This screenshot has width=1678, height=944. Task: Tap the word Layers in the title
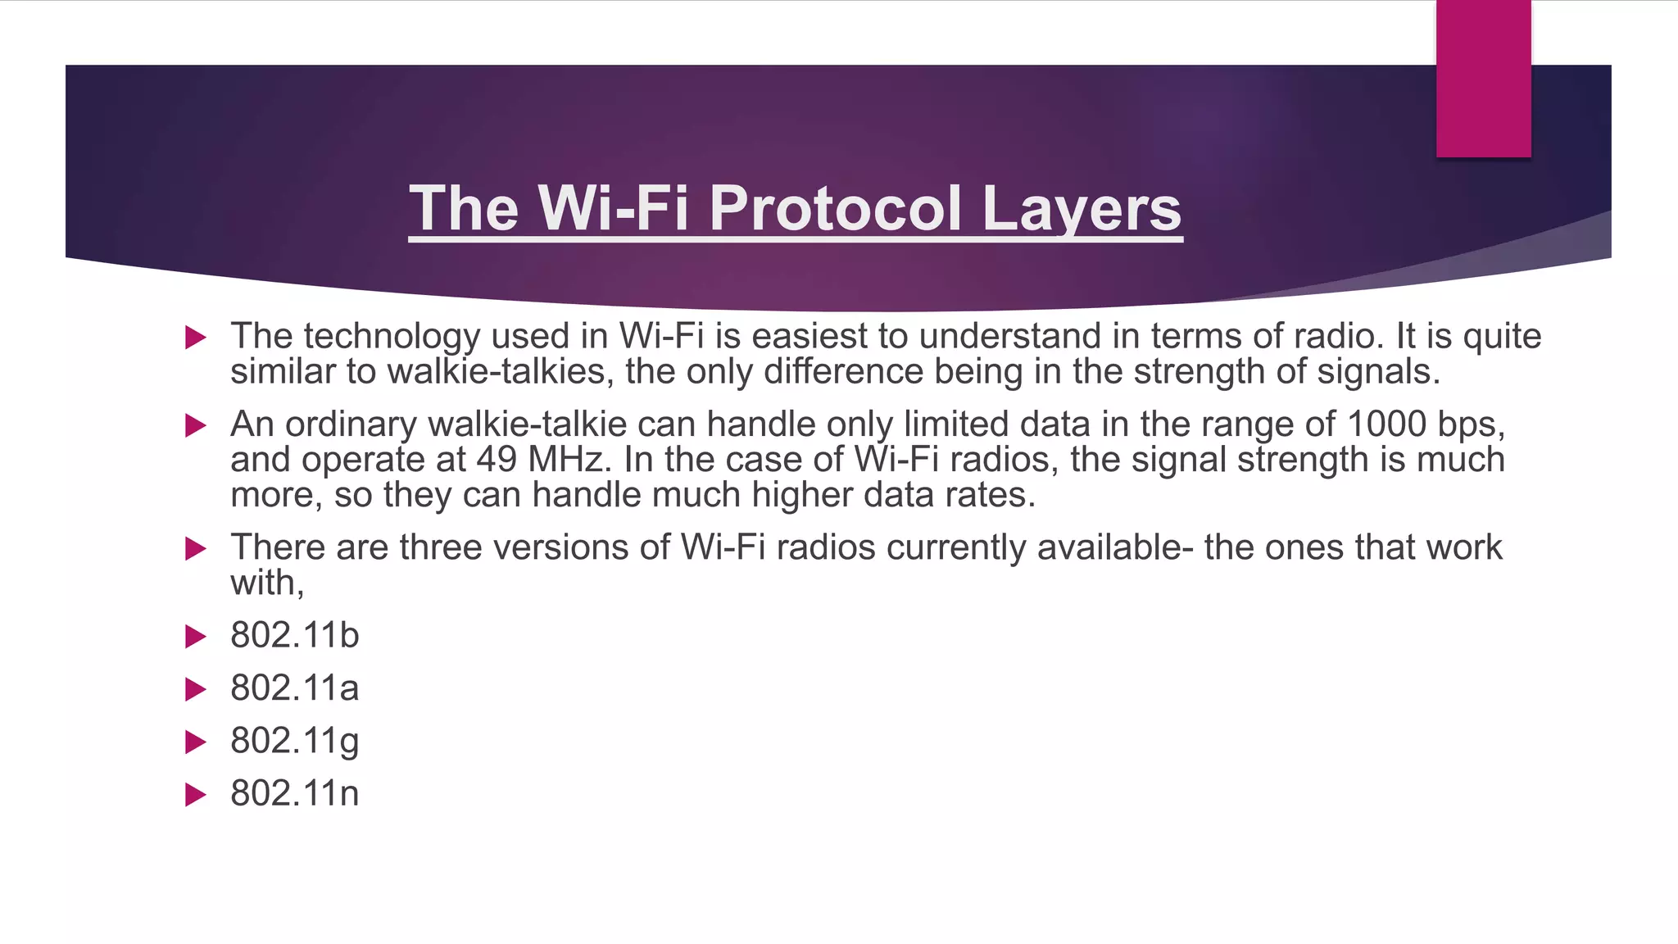point(1081,208)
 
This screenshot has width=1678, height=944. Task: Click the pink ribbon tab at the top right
point(1483,79)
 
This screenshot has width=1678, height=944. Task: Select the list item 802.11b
point(294,636)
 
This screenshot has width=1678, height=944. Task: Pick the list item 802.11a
point(294,688)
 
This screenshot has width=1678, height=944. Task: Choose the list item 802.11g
point(294,742)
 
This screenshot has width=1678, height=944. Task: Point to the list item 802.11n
point(294,794)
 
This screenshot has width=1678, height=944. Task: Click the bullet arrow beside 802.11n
point(195,795)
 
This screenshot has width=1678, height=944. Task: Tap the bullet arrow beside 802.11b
point(195,637)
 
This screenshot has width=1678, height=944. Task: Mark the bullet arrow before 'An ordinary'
point(195,425)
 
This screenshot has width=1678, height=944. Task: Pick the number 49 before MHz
point(497,460)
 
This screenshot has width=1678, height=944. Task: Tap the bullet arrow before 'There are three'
point(195,548)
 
